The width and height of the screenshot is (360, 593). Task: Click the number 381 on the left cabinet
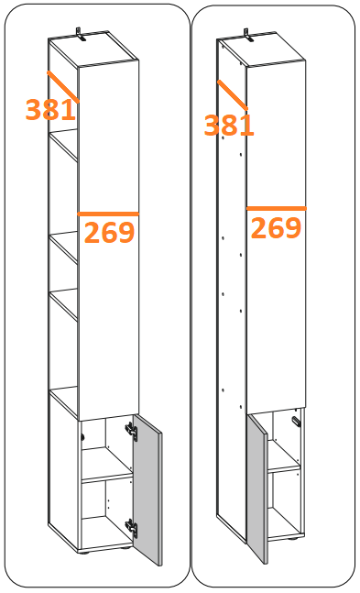point(50,110)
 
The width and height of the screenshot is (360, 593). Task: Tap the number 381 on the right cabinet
point(229,126)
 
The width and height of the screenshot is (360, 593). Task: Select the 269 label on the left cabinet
point(109,232)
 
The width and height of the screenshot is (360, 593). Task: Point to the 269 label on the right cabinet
point(276,227)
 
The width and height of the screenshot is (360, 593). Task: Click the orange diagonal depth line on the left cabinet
point(63,87)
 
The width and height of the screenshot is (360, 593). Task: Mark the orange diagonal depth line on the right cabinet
point(233,95)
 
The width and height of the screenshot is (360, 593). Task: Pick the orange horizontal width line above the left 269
point(108,214)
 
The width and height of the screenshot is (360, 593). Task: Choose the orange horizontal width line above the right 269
point(277,208)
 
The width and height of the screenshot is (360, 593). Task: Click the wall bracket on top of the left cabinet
point(80,34)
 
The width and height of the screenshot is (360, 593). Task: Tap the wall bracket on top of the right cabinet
point(248,35)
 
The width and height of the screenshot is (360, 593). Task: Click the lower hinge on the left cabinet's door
point(131,528)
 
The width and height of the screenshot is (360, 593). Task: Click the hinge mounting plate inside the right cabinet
point(295,422)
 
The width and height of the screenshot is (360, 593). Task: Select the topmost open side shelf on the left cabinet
point(64,146)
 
